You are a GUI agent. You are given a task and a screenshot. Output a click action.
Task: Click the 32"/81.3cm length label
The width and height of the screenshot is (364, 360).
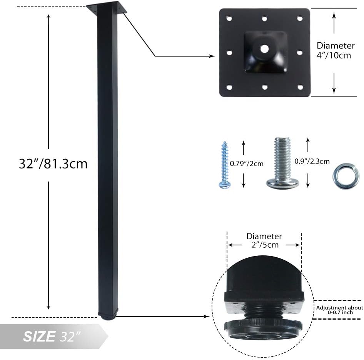[53, 164]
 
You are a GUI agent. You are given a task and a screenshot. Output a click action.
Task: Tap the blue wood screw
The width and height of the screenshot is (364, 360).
[224, 165]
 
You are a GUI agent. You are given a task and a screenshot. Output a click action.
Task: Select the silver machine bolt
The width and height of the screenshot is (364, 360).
[282, 163]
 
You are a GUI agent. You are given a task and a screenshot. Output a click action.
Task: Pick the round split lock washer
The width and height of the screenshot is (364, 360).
[346, 176]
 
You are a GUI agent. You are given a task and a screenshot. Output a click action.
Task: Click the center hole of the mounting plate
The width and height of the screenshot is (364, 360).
[264, 48]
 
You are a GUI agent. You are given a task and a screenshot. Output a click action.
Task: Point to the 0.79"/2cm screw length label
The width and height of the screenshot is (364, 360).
[247, 163]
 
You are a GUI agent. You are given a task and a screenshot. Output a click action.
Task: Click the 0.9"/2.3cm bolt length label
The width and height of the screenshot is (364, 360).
[312, 162]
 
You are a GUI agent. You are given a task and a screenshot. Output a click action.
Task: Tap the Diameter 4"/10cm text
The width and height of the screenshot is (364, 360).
[335, 50]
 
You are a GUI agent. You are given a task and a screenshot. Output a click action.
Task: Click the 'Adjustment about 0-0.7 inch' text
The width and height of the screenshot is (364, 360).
[339, 310]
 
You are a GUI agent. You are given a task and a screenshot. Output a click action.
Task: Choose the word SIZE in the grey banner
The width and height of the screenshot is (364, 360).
[39, 337]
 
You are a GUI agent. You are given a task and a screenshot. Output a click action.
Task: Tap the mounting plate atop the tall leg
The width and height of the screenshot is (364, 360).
[107, 8]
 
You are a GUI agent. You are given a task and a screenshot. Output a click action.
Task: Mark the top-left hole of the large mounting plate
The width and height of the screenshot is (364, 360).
[229, 18]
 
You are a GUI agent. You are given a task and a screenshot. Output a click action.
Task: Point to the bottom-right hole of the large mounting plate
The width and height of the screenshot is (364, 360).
[300, 87]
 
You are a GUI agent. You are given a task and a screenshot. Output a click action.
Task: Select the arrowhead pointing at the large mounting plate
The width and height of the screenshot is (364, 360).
[212, 56]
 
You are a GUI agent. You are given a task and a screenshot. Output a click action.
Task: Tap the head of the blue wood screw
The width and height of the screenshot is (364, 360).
[225, 185]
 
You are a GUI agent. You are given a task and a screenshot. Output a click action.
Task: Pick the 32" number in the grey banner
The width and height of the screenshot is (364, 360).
[71, 337]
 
